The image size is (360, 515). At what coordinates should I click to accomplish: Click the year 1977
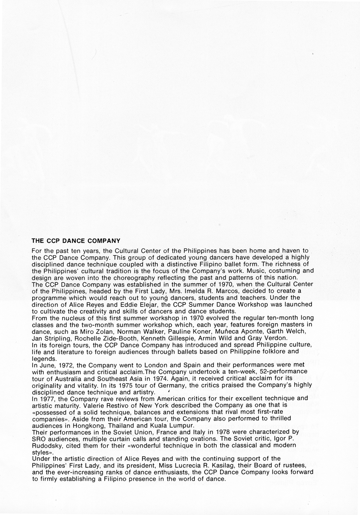47,399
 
